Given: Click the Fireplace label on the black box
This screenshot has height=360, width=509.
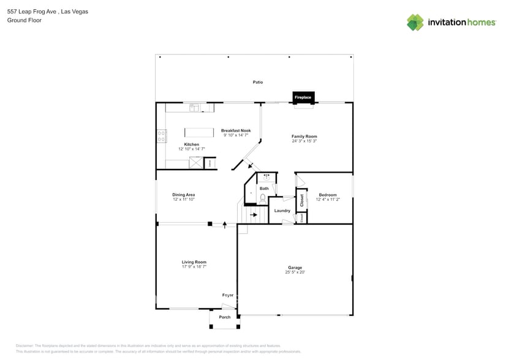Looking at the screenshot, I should [x=303, y=97].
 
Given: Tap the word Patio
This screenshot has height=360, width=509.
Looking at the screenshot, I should [x=258, y=82].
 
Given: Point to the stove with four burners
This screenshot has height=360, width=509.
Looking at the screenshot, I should [x=162, y=136].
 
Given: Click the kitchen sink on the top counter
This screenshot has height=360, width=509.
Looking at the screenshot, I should [x=194, y=108].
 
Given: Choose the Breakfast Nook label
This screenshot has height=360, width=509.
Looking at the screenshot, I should [x=236, y=130].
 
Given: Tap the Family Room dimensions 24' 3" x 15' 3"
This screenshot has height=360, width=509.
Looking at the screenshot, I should [x=304, y=141].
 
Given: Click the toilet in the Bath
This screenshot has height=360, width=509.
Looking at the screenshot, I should [x=263, y=198].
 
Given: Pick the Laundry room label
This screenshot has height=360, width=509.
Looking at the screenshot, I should [x=282, y=211].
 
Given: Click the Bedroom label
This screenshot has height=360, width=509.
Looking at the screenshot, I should [x=328, y=195].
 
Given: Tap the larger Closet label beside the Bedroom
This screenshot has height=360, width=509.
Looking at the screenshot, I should [x=301, y=200].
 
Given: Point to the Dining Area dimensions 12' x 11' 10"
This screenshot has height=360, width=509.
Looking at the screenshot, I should [x=184, y=200].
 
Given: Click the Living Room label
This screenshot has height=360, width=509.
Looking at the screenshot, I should [x=194, y=262].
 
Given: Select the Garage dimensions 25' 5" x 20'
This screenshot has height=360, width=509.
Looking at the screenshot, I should [x=295, y=272].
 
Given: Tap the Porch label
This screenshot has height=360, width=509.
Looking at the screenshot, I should [x=225, y=317].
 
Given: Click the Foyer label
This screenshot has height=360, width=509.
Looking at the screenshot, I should [x=227, y=295].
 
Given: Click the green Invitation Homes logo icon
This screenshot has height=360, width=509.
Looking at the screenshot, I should [x=415, y=22].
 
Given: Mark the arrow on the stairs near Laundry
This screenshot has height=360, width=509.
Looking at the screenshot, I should [x=253, y=215].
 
